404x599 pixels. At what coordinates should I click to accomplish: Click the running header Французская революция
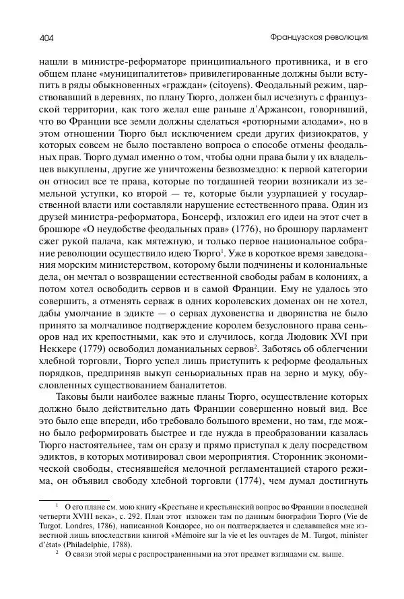[322, 36]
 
